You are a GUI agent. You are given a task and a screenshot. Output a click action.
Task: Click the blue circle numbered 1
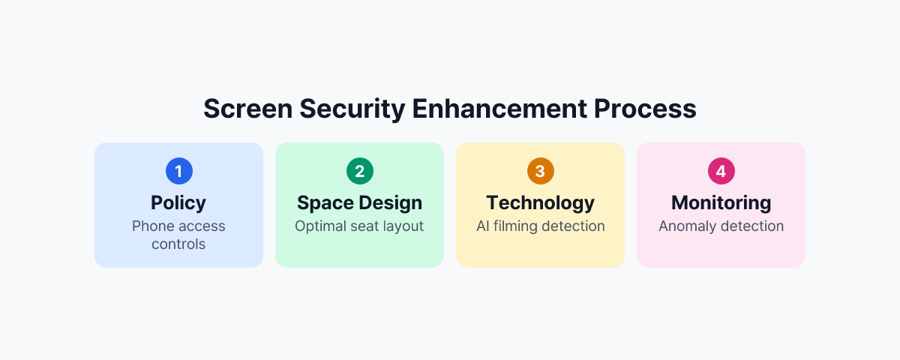[x=178, y=171]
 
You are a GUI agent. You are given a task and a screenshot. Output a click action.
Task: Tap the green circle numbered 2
[x=359, y=171]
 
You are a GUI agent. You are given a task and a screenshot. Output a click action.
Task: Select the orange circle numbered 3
[x=540, y=171]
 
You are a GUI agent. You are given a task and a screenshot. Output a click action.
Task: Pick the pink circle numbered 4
[x=721, y=171]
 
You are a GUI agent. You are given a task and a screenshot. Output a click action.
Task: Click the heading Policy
[x=178, y=202]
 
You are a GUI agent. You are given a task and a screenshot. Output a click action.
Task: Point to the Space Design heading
[x=359, y=202]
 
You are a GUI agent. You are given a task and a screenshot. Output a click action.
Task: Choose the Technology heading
[x=540, y=202]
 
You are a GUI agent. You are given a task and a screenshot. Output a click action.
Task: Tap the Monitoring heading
[x=721, y=202]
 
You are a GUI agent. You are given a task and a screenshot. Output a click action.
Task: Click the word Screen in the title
[x=247, y=109]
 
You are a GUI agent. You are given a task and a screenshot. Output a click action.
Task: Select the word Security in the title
[x=352, y=109]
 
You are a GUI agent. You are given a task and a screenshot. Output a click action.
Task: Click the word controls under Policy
[x=178, y=244]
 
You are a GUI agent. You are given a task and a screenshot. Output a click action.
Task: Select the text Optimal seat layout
[x=359, y=226]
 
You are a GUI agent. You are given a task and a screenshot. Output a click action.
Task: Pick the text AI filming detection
[x=540, y=226]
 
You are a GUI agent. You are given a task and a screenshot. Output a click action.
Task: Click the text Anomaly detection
[x=721, y=226]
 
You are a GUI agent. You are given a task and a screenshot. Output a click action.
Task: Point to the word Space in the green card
[x=325, y=202]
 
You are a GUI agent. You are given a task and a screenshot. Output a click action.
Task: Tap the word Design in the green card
[x=389, y=202]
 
